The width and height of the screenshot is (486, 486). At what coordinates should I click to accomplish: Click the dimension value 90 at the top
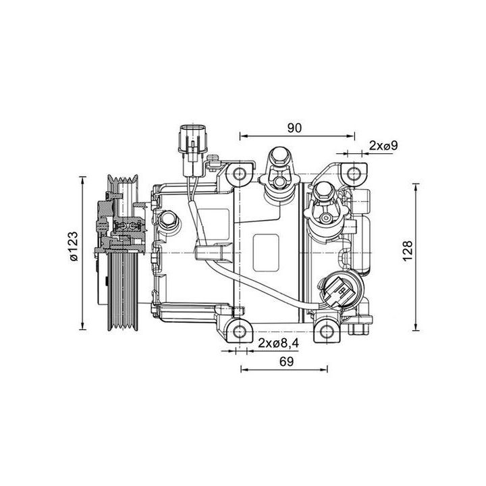tap(294, 127)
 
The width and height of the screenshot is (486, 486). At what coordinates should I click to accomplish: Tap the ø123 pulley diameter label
tap(74, 252)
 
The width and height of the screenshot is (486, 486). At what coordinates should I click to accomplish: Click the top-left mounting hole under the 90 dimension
tap(240, 175)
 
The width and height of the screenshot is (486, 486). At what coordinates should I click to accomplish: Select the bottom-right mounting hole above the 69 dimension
tap(328, 331)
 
